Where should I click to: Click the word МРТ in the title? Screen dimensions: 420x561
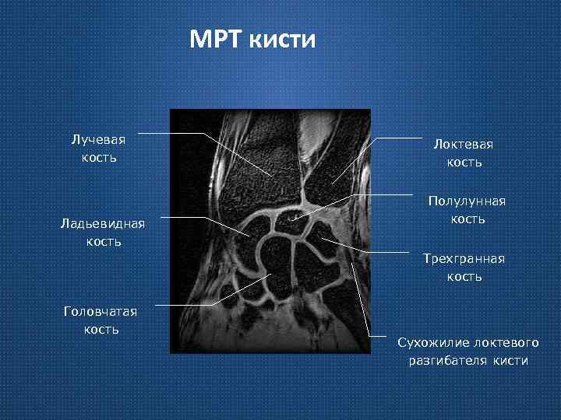point(216,40)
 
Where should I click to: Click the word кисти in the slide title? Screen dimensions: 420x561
point(283,40)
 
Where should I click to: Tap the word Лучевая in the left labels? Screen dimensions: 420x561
point(98,140)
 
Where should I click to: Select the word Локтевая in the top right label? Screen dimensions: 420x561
point(464,145)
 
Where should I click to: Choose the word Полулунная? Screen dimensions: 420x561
point(467,201)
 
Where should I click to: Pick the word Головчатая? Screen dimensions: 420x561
point(101,311)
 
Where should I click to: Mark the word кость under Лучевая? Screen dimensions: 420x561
point(98,158)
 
